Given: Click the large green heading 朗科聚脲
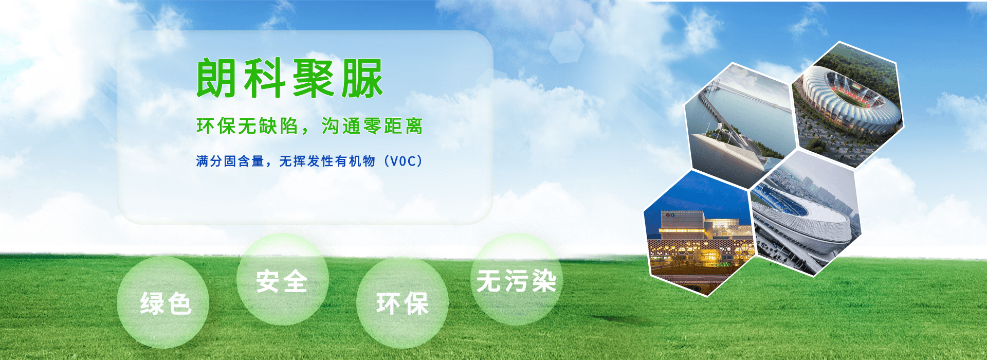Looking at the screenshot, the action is tap(290, 78).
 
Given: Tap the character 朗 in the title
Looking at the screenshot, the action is tap(216, 78).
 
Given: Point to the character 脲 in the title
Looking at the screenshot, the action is tap(363, 78).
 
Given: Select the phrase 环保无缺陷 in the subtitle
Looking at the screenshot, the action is tap(247, 126).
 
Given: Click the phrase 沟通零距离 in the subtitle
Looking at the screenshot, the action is tap(372, 126).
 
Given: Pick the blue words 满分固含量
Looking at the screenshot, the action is tap(230, 161).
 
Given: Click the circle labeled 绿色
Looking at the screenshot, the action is tap(163, 302).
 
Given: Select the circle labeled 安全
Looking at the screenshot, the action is tap(283, 279).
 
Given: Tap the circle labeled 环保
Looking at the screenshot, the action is tap(403, 303).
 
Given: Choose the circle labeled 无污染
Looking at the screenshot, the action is tap(517, 279).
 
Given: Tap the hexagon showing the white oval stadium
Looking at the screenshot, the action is tap(806, 213).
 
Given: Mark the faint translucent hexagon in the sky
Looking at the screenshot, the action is tap(566, 47).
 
